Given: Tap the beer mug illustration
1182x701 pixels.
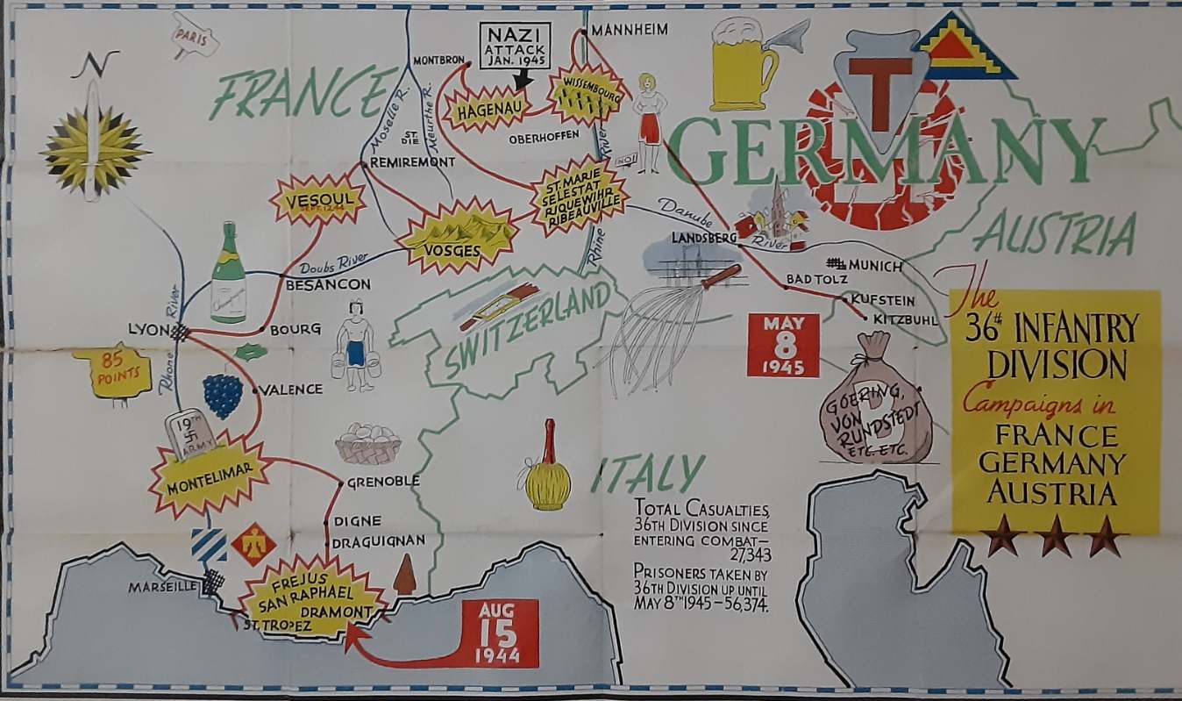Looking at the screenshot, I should [x=743, y=65].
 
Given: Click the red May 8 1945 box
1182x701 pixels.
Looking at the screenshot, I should [x=782, y=345].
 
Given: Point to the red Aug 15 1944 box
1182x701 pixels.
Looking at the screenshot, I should [x=497, y=633].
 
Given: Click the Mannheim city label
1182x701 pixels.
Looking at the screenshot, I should [x=629, y=31].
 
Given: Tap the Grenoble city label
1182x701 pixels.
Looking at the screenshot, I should [x=383, y=482].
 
